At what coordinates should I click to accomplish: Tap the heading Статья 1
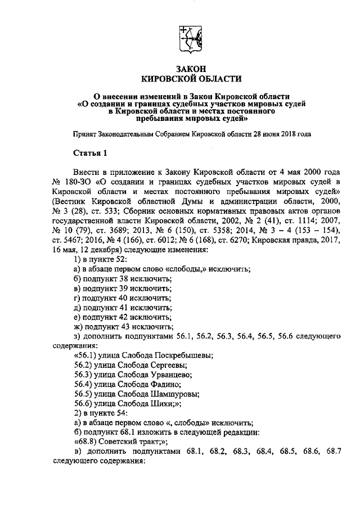89,153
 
